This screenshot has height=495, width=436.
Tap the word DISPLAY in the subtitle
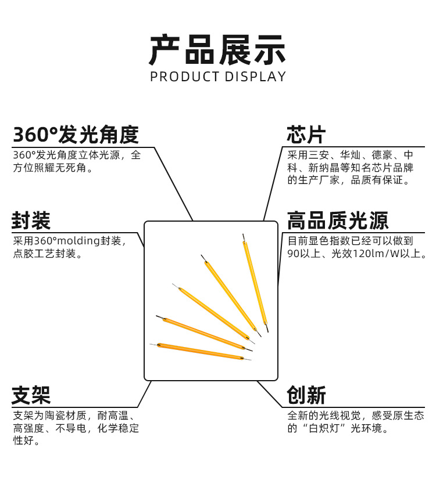(256, 77)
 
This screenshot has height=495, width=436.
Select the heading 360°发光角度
(76, 135)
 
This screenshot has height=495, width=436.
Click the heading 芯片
(306, 135)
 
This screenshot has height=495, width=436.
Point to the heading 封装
(31, 221)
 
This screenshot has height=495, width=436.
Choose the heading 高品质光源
(337, 221)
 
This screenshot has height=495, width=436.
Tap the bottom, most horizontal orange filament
(201, 351)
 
